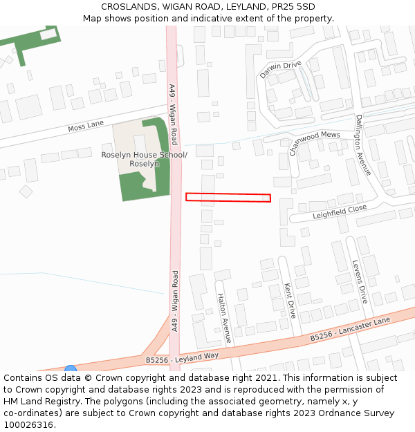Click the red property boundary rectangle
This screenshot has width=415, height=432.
228,198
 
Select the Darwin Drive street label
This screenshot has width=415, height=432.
281,70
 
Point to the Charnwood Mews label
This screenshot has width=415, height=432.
314,142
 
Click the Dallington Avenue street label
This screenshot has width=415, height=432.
363,145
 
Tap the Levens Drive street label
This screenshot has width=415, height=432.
359,281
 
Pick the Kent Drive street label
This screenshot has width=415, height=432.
290,299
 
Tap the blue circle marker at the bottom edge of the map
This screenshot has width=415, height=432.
71,370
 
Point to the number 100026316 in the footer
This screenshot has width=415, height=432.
30,425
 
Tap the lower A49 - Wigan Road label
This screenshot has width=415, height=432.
175,301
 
